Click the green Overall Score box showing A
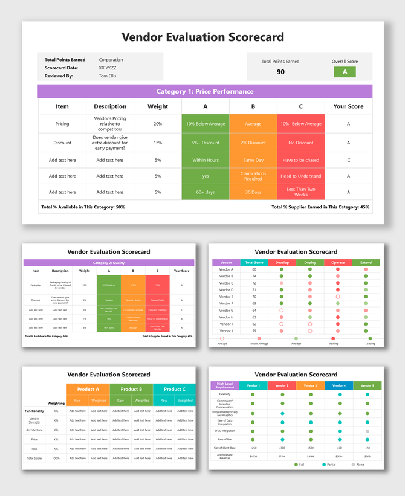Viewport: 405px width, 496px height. [345, 72]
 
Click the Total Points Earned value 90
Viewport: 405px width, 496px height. [280, 72]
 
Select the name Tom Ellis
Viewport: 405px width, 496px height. [108, 76]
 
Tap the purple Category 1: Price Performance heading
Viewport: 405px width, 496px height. [205, 92]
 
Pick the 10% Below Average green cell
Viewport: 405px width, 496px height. [206, 124]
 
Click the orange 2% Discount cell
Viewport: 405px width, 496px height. [253, 143]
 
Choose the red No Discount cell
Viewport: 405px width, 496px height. [300, 143]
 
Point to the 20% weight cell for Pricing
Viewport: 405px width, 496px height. [158, 124]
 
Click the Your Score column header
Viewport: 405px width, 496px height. [348, 106]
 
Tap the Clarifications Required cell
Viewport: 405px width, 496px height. [253, 176]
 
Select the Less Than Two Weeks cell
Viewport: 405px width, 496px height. [300, 192]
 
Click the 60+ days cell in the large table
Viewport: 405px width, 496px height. [206, 192]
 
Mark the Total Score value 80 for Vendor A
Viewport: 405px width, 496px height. [254, 269]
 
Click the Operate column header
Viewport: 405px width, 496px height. [338, 263]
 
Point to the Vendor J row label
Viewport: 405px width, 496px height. [226, 331]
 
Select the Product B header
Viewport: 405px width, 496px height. [131, 389]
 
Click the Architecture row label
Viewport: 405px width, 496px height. [34, 430]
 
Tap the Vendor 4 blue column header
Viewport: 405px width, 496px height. [339, 385]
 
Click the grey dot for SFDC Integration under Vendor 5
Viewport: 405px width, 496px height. [367, 431]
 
